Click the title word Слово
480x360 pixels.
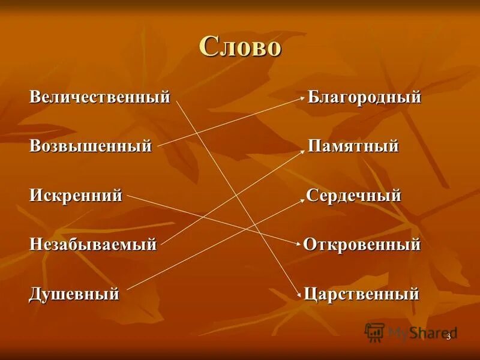(x=239, y=47)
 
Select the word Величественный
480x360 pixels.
(x=100, y=97)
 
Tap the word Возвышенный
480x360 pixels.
(x=91, y=146)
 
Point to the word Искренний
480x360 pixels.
(x=76, y=195)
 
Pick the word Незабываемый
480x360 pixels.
(x=93, y=244)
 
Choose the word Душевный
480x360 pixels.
(x=74, y=294)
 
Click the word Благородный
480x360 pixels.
(x=364, y=97)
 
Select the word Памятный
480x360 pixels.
(x=353, y=146)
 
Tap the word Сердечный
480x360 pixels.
(x=353, y=195)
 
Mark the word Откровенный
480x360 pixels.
(x=362, y=244)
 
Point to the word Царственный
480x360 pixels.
(x=361, y=294)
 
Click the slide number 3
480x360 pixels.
(x=448, y=337)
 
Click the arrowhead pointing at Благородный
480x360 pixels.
(x=304, y=101)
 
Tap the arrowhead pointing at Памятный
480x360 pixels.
(x=303, y=151)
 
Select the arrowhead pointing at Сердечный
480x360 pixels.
(x=303, y=200)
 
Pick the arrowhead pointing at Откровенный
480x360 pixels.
(x=298, y=244)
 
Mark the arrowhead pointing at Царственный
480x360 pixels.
(x=298, y=294)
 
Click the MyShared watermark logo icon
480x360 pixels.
(x=374, y=332)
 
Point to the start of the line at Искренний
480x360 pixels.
(x=128, y=195)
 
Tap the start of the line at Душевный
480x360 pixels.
(x=127, y=290)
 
